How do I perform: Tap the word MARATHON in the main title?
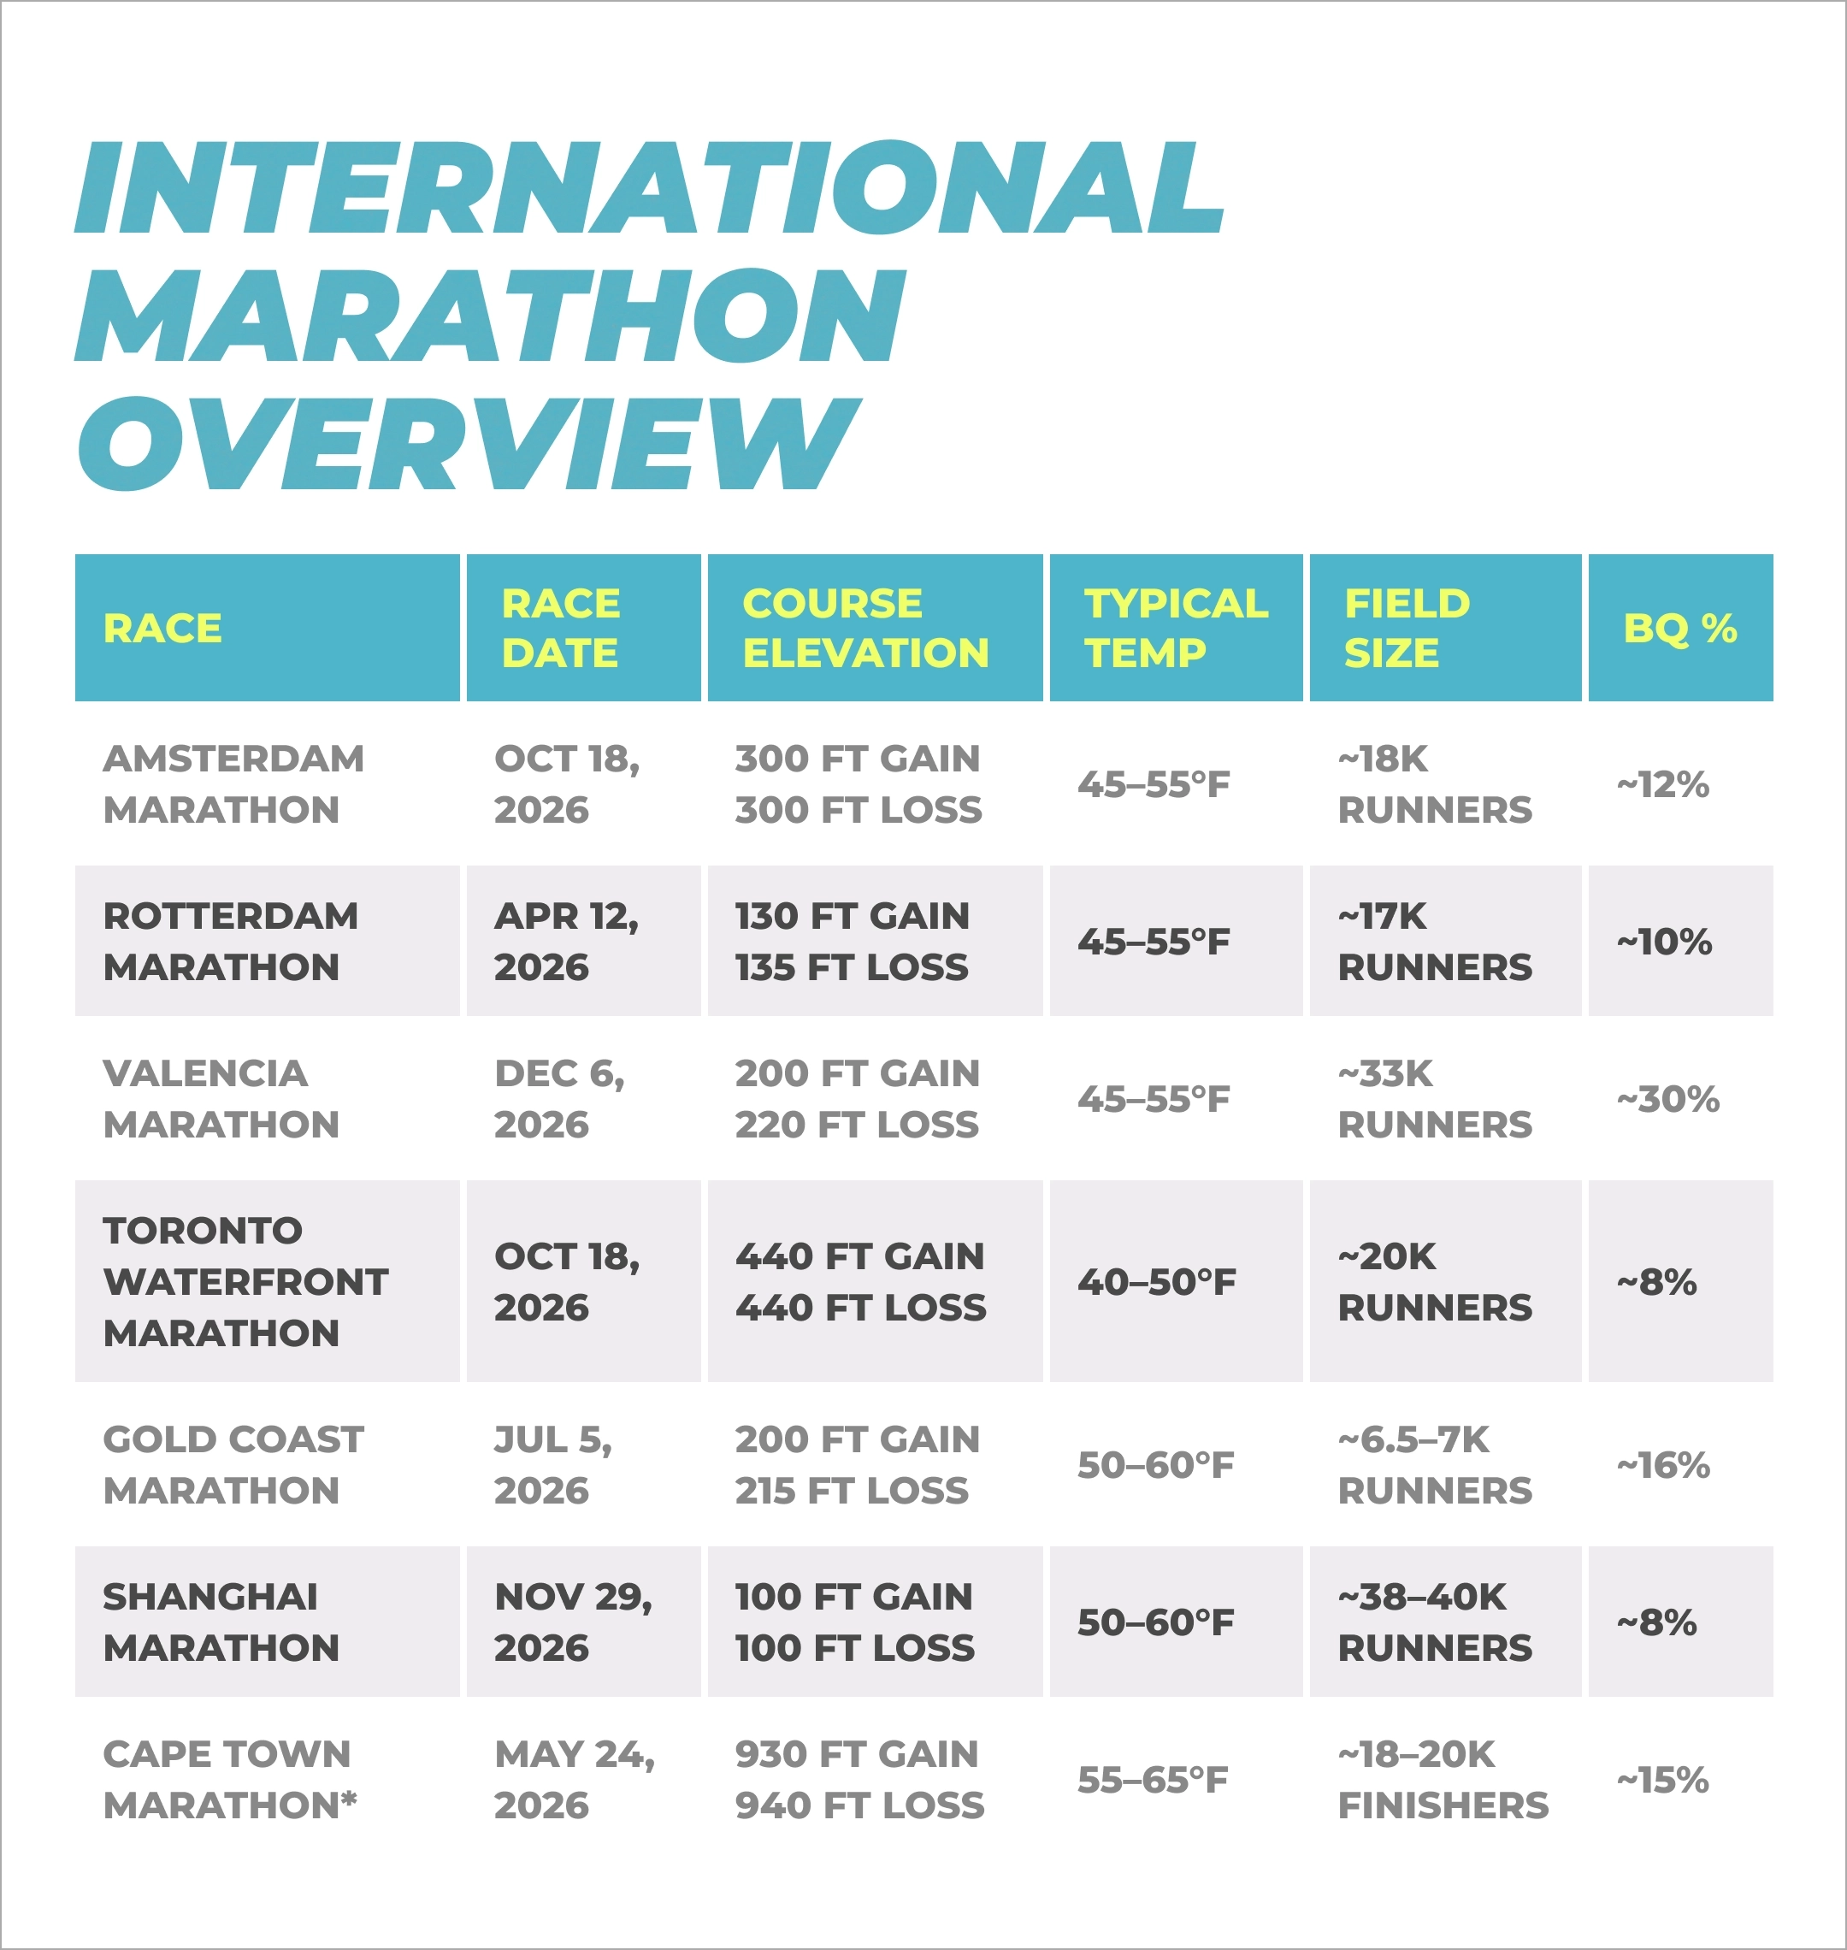tap(489, 315)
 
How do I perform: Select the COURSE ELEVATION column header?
tap(864, 628)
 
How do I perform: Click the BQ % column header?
tap(1679, 628)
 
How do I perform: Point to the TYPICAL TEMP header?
tap(1176, 628)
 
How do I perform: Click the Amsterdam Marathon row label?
tap(233, 784)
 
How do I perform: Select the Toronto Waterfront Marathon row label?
tap(245, 1281)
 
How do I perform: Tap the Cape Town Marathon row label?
tap(229, 1780)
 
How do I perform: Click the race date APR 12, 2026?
tap(566, 942)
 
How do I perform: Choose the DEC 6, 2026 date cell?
tap(559, 1098)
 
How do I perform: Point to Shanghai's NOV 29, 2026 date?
tap(573, 1622)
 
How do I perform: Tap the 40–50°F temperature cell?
tap(1156, 1282)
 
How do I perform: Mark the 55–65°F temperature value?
tap(1153, 1780)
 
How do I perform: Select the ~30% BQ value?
tap(1667, 1099)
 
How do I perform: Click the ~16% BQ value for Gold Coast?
tap(1663, 1465)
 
